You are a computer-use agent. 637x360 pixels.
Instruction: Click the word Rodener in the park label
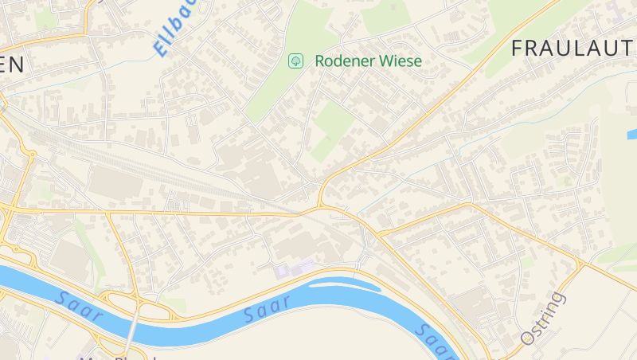345,61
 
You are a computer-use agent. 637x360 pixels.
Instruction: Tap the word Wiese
401,61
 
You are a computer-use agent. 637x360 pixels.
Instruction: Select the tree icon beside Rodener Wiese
295,61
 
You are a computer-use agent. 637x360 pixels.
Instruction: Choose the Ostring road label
543,319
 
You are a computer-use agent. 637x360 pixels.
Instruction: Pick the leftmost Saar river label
80,307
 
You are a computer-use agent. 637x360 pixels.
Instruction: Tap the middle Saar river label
268,313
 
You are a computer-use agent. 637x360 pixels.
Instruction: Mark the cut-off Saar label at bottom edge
434,341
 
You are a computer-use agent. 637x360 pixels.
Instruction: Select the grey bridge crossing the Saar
132,331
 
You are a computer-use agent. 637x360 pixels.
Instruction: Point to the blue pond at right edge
632,134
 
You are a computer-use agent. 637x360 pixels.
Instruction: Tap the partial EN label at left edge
11,65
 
